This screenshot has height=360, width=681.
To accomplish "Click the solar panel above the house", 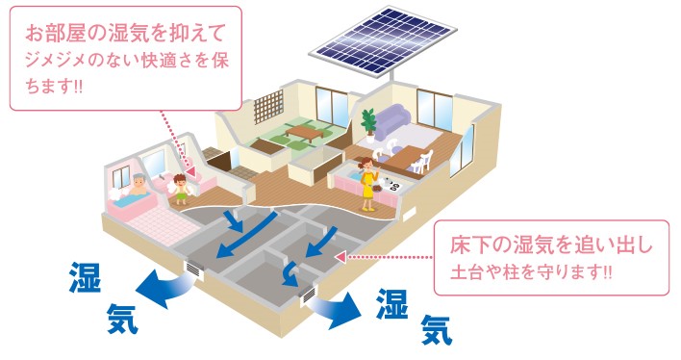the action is pyautogui.click(x=383, y=40).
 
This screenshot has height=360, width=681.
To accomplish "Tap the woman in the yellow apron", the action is pyautogui.click(x=368, y=184).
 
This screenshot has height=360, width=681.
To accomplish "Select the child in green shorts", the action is pyautogui.click(x=181, y=189).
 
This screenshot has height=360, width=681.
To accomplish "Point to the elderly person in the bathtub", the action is pyautogui.click(x=138, y=185).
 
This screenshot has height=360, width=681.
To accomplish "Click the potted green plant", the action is pyautogui.click(x=369, y=125).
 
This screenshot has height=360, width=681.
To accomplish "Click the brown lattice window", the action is pyautogui.click(x=268, y=106).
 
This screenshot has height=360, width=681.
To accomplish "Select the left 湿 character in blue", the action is pyautogui.click(x=85, y=277).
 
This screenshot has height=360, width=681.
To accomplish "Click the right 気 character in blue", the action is pyautogui.click(x=437, y=329).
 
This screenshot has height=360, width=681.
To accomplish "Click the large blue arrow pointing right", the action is pyautogui.click(x=336, y=309).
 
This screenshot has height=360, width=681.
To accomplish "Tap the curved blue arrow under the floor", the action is pyautogui.click(x=290, y=274).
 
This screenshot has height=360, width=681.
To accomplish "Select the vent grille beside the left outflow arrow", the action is pyautogui.click(x=193, y=269).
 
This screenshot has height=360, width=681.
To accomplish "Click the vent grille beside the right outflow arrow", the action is pyautogui.click(x=309, y=296).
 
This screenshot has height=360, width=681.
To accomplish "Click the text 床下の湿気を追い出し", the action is pyautogui.click(x=551, y=244).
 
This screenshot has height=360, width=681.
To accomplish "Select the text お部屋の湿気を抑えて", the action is pyautogui.click(x=126, y=33).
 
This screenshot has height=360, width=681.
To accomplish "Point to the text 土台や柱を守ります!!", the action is pyautogui.click(x=531, y=272).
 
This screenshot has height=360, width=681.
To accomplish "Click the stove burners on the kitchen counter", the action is pyautogui.click(x=391, y=185).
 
